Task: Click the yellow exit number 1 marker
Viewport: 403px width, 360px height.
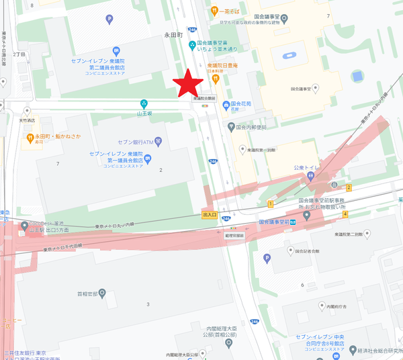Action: coord(270,204)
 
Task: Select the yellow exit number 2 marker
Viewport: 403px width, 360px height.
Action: coord(349,187)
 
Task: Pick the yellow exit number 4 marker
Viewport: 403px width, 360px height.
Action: coord(345,215)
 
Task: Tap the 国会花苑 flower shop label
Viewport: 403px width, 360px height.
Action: coord(241,105)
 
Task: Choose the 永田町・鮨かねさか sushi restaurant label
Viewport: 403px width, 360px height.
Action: coord(57,136)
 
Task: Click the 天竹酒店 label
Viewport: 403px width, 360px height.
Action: coord(27,121)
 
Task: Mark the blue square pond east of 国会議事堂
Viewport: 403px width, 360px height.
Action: coord(357,75)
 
